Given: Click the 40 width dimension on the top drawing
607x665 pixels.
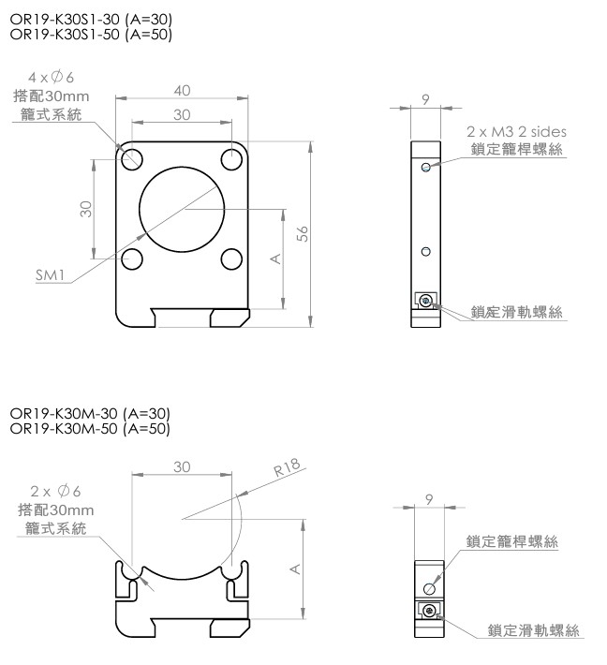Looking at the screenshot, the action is [x=182, y=90].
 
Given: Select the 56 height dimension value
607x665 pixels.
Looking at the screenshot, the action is [x=303, y=233].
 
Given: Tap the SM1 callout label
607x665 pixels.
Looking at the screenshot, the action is [x=50, y=275].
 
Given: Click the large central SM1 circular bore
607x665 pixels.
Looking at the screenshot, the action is [x=182, y=210].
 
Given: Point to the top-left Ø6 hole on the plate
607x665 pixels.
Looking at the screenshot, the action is [x=132, y=160].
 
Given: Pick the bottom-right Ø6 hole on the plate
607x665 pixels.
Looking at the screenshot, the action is [x=231, y=259].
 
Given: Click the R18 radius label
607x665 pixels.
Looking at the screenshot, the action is [x=287, y=467].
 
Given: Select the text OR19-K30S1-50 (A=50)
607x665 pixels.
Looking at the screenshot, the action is [x=91, y=34].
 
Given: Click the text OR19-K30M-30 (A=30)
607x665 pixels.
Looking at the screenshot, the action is [x=90, y=413].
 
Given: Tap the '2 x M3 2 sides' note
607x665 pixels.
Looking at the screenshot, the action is [x=516, y=131].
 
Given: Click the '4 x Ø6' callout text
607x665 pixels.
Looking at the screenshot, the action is [x=51, y=77].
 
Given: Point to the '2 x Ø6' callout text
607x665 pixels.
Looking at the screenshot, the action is [x=55, y=491].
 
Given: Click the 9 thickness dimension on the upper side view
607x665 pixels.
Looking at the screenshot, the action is [x=425, y=99].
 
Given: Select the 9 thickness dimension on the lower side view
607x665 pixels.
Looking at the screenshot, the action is [x=429, y=499].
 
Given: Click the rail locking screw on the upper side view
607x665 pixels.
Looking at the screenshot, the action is [x=425, y=301].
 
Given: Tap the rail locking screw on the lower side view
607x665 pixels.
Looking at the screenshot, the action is [x=430, y=611].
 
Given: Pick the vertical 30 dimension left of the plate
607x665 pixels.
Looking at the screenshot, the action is [x=86, y=209].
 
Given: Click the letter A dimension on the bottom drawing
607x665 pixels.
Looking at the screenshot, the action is [x=295, y=569].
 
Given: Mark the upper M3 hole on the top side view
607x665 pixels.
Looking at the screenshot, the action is [x=426, y=167].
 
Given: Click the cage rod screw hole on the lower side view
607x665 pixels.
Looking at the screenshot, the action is [x=429, y=588].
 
